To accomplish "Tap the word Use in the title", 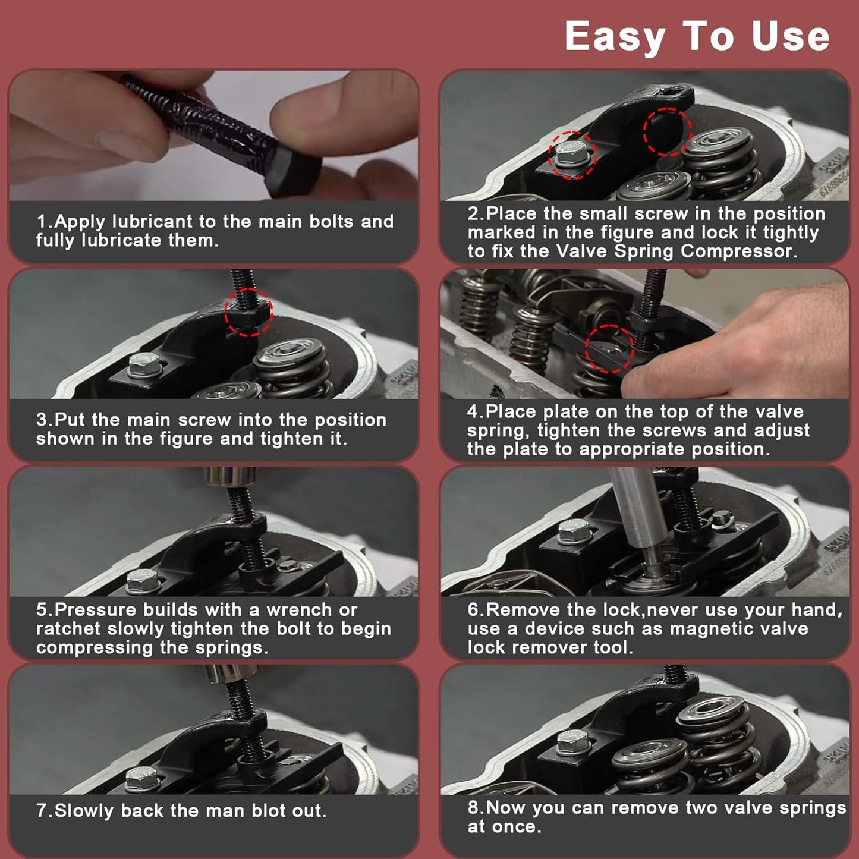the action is (x=791, y=36).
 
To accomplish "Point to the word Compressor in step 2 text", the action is (x=739, y=251).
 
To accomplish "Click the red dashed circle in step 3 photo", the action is (x=248, y=313).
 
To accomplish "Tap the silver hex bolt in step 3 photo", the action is (x=144, y=364).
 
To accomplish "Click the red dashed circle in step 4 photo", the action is (x=609, y=348).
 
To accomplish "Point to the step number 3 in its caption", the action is (x=42, y=420).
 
